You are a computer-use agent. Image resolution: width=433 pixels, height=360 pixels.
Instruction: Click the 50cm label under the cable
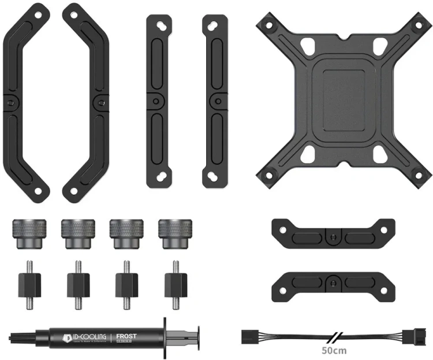point(334,350)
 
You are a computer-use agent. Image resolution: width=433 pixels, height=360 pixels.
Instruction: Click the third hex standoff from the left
point(126,284)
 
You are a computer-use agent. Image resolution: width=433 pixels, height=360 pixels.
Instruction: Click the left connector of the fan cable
point(252,335)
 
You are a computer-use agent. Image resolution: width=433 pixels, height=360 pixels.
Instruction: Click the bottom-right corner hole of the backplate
point(416,172)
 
